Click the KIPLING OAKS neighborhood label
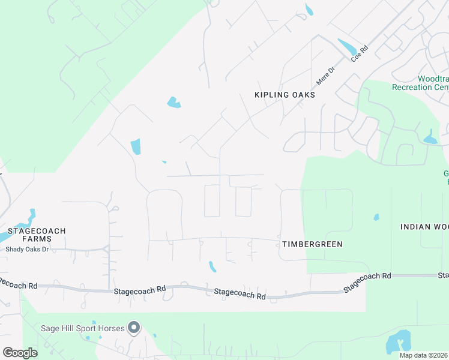pyautogui.click(x=285, y=95)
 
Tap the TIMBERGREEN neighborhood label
pyautogui.click(x=312, y=244)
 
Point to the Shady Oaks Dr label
pyautogui.click(x=28, y=249)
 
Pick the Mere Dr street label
pyautogui.click(x=324, y=76)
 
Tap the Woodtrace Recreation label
pyautogui.click(x=420, y=83)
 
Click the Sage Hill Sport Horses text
pyautogui.click(x=82, y=328)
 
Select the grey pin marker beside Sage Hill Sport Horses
pyautogui.click(x=134, y=328)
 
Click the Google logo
pyautogui.click(x=20, y=353)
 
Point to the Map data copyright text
pyautogui.click(x=423, y=355)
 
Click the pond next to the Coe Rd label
pyautogui.click(x=347, y=46)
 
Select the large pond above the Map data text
pyautogui.click(x=398, y=341)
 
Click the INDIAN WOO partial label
pyautogui.click(x=424, y=226)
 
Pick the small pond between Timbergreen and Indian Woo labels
pyautogui.click(x=376, y=217)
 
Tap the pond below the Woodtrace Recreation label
pyautogui.click(x=430, y=138)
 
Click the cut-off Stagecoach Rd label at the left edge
pyautogui.click(x=18, y=282)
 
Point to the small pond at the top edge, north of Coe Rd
pyautogui.click(x=309, y=10)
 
